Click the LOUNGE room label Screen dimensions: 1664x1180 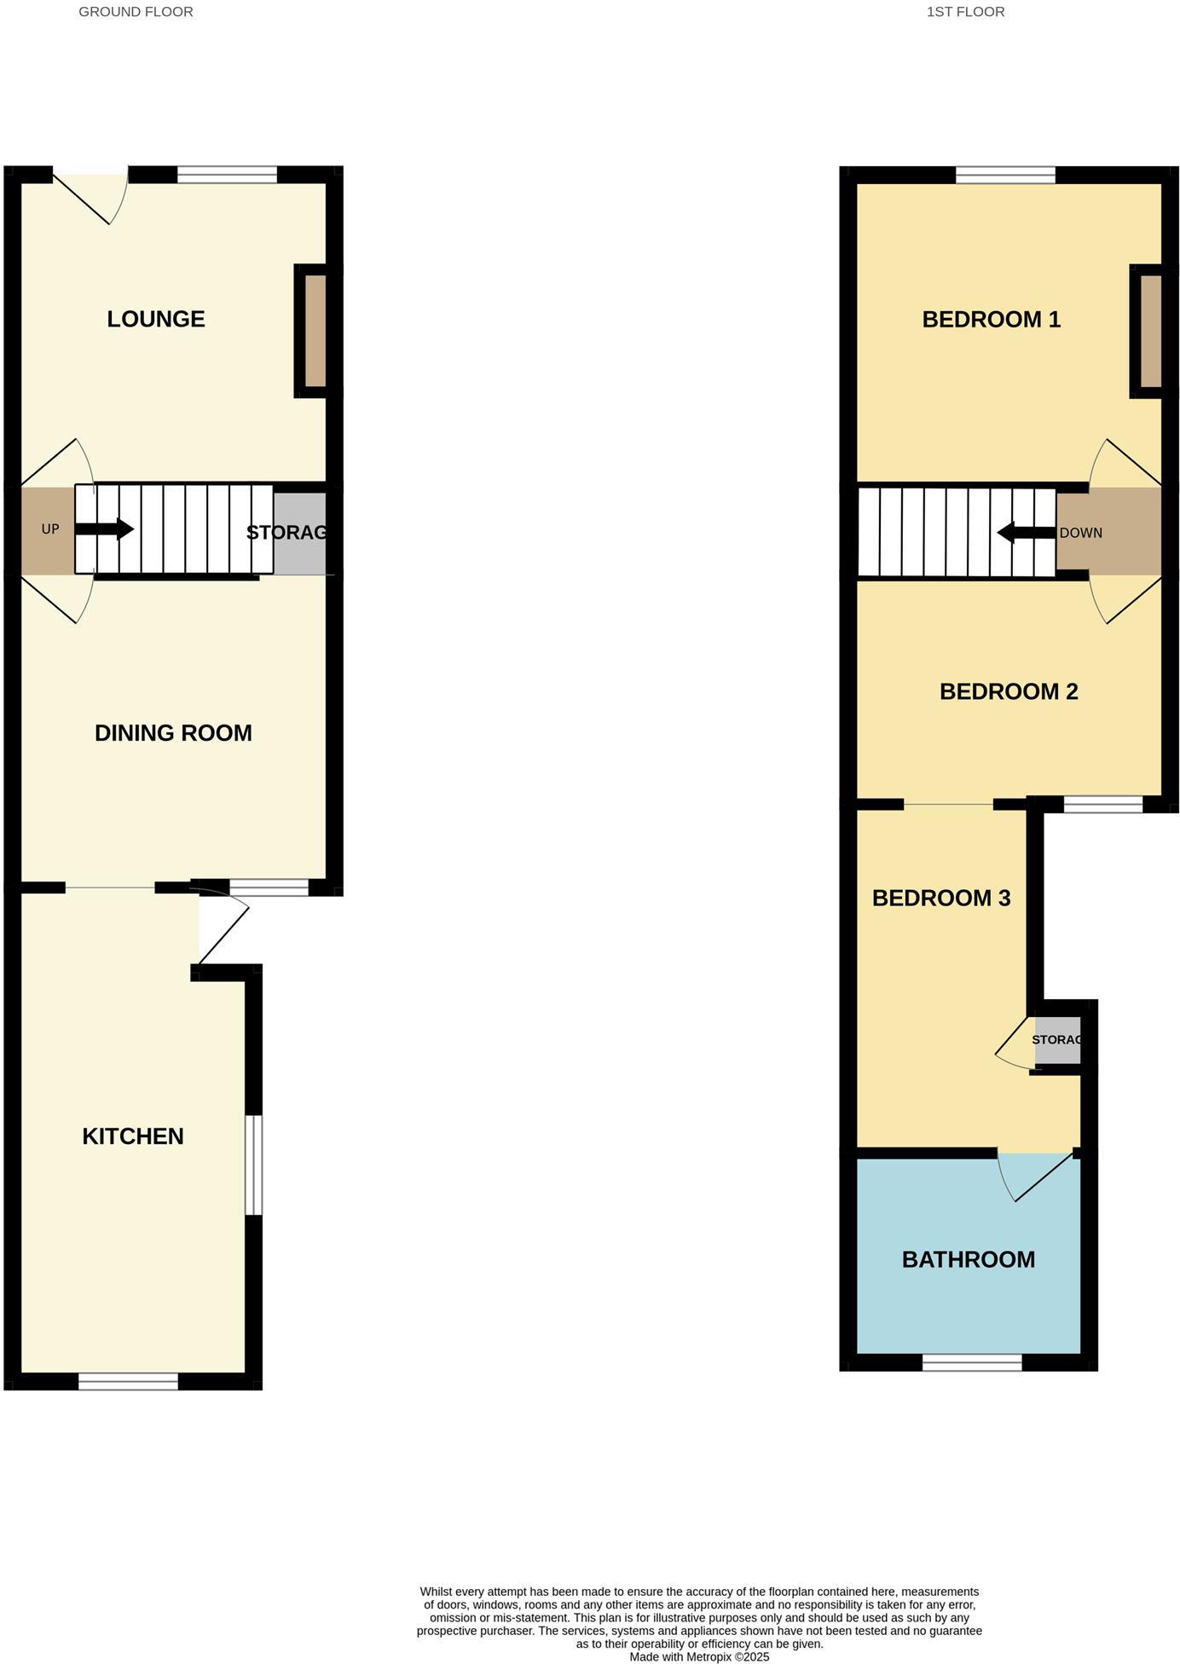(156, 319)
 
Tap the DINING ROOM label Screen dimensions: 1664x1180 (173, 733)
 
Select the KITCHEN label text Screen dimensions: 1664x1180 (133, 1136)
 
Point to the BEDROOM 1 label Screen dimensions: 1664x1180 (992, 320)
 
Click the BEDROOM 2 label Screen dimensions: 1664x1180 (1009, 691)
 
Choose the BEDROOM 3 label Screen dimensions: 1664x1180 (941, 898)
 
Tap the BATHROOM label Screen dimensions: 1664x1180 (969, 1259)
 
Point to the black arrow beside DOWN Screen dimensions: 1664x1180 (1026, 534)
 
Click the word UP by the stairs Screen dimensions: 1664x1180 (50, 529)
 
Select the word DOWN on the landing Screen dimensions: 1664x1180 (1081, 534)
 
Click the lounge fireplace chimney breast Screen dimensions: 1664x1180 (315, 331)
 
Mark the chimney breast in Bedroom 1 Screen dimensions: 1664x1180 (1151, 331)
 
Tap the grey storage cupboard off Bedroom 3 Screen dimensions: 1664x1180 (1058, 1040)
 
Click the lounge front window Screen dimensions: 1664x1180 (228, 176)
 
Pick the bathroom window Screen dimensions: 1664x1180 (972, 1362)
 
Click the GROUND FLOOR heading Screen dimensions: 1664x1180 (136, 12)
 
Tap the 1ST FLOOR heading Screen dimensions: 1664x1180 (965, 12)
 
